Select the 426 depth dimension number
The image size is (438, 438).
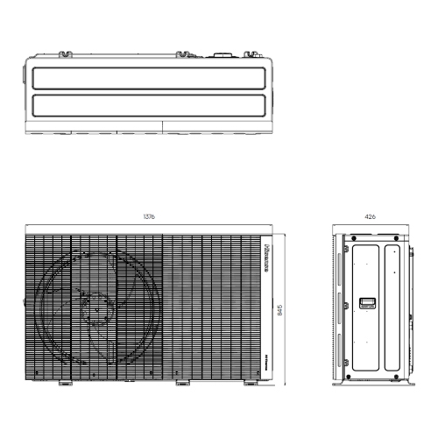[x=373, y=215]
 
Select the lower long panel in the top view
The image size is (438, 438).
[x=147, y=107]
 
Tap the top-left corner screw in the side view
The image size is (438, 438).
[x=350, y=238]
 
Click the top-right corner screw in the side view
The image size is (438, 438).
[x=401, y=238]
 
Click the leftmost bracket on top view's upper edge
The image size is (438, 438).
[x=65, y=55]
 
